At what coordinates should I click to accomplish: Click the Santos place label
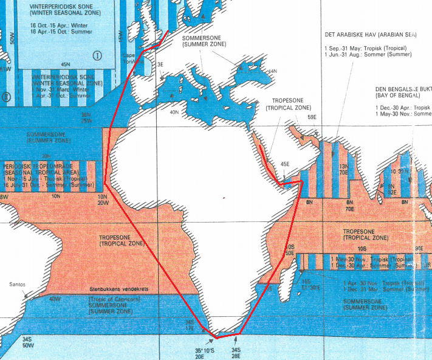17,284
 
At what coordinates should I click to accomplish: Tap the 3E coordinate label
160,64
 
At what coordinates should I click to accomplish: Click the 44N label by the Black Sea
272,71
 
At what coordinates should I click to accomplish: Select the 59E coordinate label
312,117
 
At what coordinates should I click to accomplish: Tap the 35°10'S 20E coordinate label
204,353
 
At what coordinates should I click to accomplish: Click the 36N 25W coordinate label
86,117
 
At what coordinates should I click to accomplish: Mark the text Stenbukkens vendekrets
119,290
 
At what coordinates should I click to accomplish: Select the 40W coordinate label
55,299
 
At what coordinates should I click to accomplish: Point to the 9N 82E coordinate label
391,189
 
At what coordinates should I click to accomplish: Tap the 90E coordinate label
418,248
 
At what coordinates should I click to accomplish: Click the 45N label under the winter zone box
65,64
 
